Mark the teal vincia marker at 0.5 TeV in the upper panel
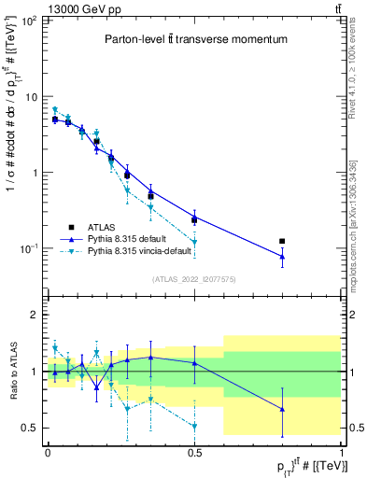194,243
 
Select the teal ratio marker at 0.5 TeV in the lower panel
194,427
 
